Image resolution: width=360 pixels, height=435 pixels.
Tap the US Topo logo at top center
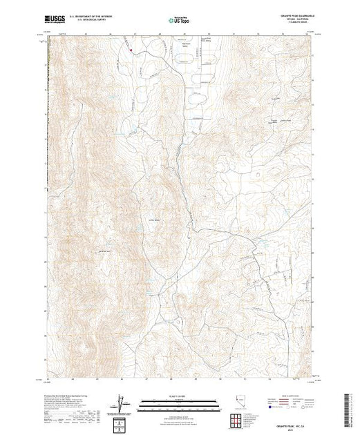(179, 19)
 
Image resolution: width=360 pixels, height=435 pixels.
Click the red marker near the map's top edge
(129, 49)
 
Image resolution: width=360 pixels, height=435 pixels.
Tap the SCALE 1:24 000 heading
(178, 397)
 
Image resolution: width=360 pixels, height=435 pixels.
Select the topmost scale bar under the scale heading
(178, 401)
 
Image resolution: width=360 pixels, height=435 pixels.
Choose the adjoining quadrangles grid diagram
(240, 420)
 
